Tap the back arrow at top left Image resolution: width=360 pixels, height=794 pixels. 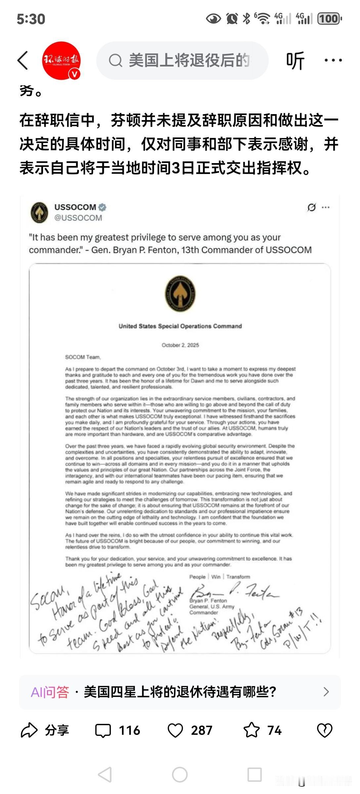coord(22,60)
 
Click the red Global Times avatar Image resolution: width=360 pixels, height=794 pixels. coord(61,61)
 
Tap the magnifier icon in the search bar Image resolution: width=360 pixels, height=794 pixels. coord(115,61)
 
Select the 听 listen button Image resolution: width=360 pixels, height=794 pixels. coord(295,61)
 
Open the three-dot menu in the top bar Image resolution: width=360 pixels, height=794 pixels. coord(333,60)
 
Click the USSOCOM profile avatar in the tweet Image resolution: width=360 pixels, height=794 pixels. coord(39,212)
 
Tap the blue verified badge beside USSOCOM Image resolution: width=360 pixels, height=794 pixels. coord(102,207)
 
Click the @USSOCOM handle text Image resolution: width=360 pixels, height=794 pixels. coord(78,218)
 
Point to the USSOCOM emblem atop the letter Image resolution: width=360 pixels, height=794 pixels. coord(180,294)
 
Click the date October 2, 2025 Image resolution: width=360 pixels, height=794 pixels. coord(180,345)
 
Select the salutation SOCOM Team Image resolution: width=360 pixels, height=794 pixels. coord(83,357)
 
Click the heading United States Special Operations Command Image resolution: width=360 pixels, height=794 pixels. coord(180,326)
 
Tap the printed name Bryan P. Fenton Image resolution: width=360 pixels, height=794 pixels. coord(208,600)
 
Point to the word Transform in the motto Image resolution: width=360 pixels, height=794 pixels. coord(238,577)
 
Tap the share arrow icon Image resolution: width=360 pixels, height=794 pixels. coord(29,730)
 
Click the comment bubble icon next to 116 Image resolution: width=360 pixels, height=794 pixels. coord(103,730)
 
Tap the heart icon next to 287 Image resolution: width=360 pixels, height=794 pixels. coord(175,730)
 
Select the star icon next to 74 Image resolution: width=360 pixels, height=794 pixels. coord(251,730)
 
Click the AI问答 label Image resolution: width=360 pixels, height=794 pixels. coord(50,692)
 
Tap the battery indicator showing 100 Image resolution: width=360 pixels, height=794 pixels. coord(330,19)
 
